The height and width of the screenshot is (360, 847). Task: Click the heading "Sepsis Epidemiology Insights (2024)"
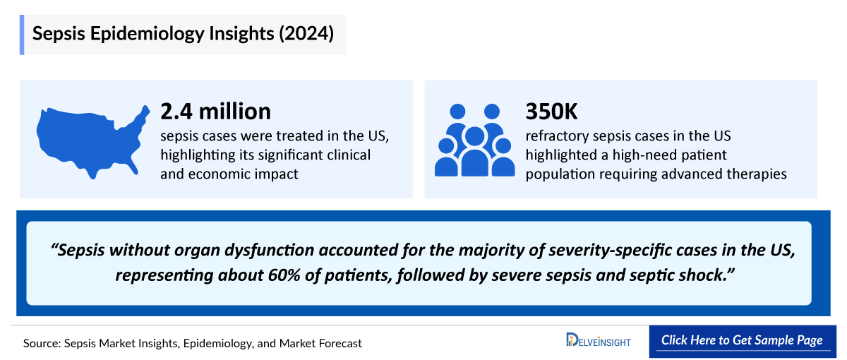coord(184,35)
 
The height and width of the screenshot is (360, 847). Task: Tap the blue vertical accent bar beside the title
coord(22,35)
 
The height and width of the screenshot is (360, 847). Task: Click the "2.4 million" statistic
coord(215,111)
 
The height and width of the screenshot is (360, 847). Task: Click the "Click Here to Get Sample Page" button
coord(741,340)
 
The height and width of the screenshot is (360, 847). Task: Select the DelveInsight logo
coord(598,341)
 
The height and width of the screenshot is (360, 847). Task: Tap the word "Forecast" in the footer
coord(338,343)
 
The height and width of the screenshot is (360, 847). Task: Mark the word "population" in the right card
coord(555,173)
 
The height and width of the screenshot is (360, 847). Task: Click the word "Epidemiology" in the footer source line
coord(203,343)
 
